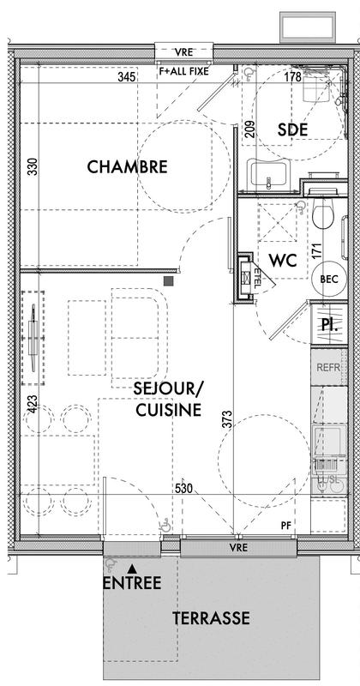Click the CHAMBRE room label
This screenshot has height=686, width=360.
click(x=127, y=166)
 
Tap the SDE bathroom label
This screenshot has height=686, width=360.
click(x=292, y=129)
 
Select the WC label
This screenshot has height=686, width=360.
click(x=282, y=260)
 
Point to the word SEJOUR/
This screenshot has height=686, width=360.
click(x=167, y=388)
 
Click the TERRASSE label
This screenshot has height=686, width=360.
click(x=211, y=617)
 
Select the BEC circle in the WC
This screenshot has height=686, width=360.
click(x=328, y=280)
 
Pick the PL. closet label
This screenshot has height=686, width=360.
click(x=327, y=324)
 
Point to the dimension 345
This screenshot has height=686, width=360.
click(x=126, y=77)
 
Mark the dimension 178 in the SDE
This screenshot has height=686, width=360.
click(x=292, y=77)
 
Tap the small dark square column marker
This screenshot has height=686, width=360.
click(x=170, y=280)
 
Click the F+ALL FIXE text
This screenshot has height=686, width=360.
click(x=183, y=72)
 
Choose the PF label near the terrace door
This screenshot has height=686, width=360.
click(x=286, y=525)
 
